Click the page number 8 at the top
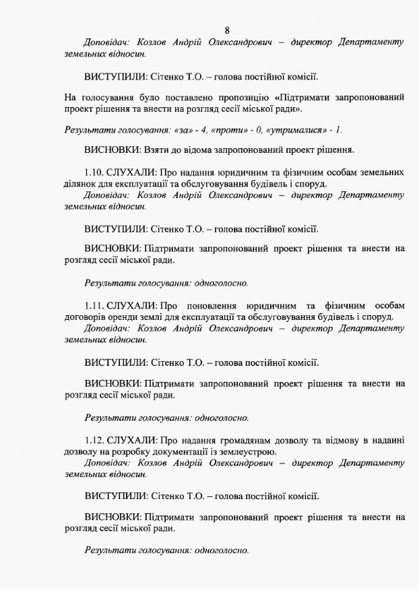click(228, 30)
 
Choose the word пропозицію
click(237, 97)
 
